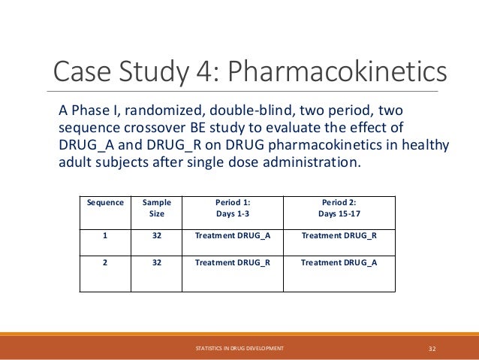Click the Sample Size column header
click(156, 208)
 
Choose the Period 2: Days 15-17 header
click(339, 208)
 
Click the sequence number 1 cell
click(105, 235)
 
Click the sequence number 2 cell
click(105, 262)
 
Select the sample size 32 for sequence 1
click(156, 235)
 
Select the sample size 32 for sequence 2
click(156, 262)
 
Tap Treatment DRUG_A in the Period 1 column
click(232, 235)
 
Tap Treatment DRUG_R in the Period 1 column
click(232, 262)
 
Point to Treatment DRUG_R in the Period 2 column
click(339, 235)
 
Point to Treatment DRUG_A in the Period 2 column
click(339, 262)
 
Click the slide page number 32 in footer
click(432, 349)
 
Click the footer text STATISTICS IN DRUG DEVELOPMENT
click(239, 349)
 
